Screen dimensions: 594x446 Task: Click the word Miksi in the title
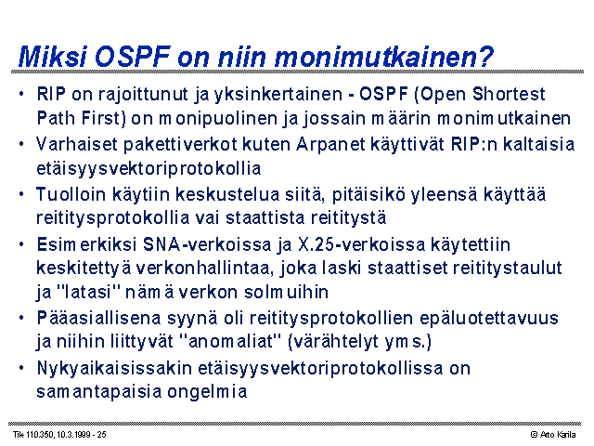(x=52, y=57)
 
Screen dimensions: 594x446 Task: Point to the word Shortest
(x=509, y=94)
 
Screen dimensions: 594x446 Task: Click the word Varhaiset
(x=77, y=144)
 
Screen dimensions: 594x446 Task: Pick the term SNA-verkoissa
(x=207, y=244)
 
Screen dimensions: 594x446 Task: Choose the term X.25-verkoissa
(x=361, y=244)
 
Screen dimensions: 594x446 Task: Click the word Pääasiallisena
(x=99, y=318)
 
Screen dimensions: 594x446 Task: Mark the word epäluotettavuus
(x=489, y=318)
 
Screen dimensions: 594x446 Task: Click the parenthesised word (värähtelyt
(x=332, y=341)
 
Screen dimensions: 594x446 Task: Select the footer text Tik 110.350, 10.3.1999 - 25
(x=59, y=435)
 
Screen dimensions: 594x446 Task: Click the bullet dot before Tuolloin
(x=21, y=194)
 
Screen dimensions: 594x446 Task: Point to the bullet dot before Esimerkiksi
(x=21, y=244)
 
